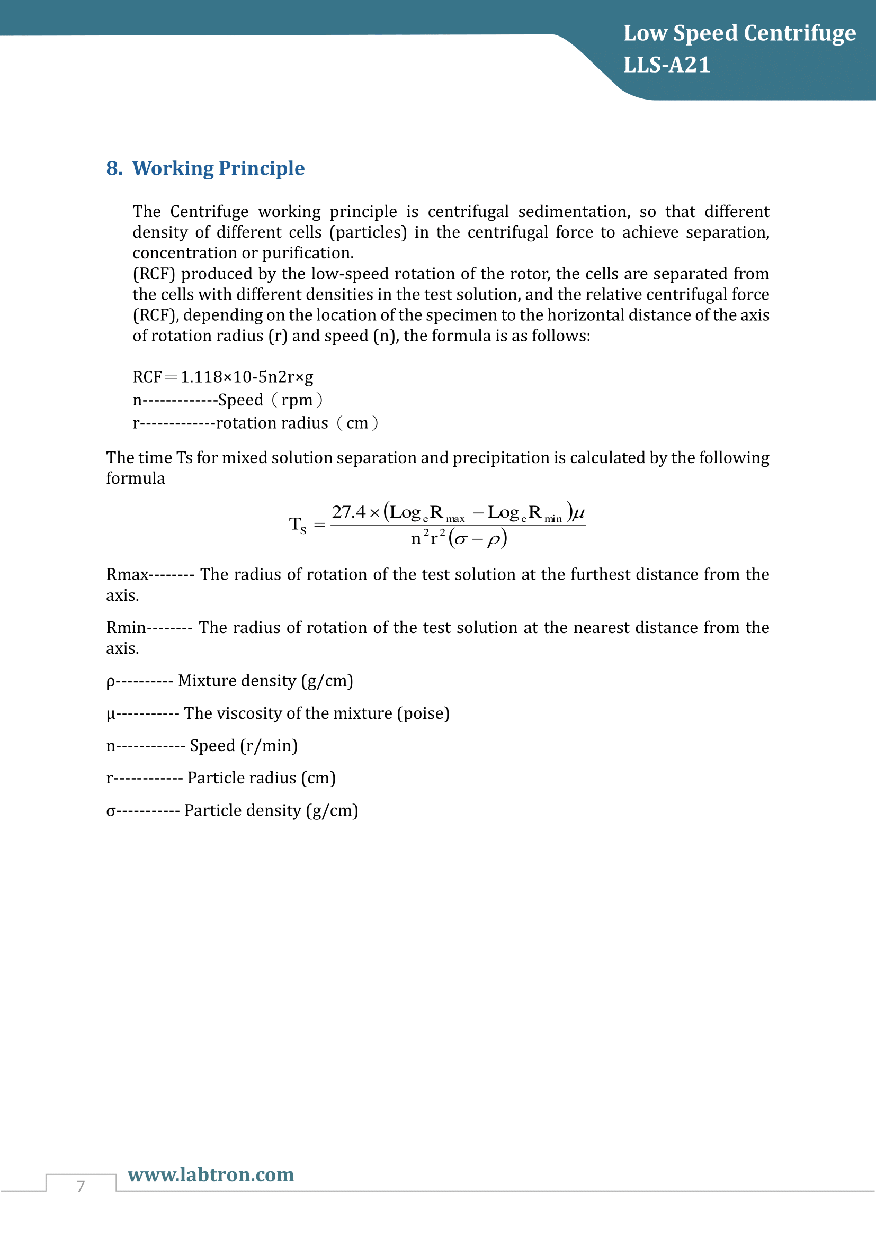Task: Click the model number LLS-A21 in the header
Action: pos(667,65)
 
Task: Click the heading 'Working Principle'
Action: pos(218,168)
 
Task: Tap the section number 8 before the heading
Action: pos(113,168)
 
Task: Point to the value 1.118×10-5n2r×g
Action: pos(246,377)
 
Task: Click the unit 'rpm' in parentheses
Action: pos(297,400)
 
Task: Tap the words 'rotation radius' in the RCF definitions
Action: pos(272,423)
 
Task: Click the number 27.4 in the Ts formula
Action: pos(348,512)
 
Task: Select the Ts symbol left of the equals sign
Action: pos(297,524)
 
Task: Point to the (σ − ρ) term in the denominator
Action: pos(478,538)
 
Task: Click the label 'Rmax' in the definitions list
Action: pos(127,575)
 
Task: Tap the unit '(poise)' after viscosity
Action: pos(424,713)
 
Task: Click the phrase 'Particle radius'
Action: pos(242,778)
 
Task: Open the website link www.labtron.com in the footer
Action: pos(211,1174)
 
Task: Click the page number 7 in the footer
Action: pos(81,1186)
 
